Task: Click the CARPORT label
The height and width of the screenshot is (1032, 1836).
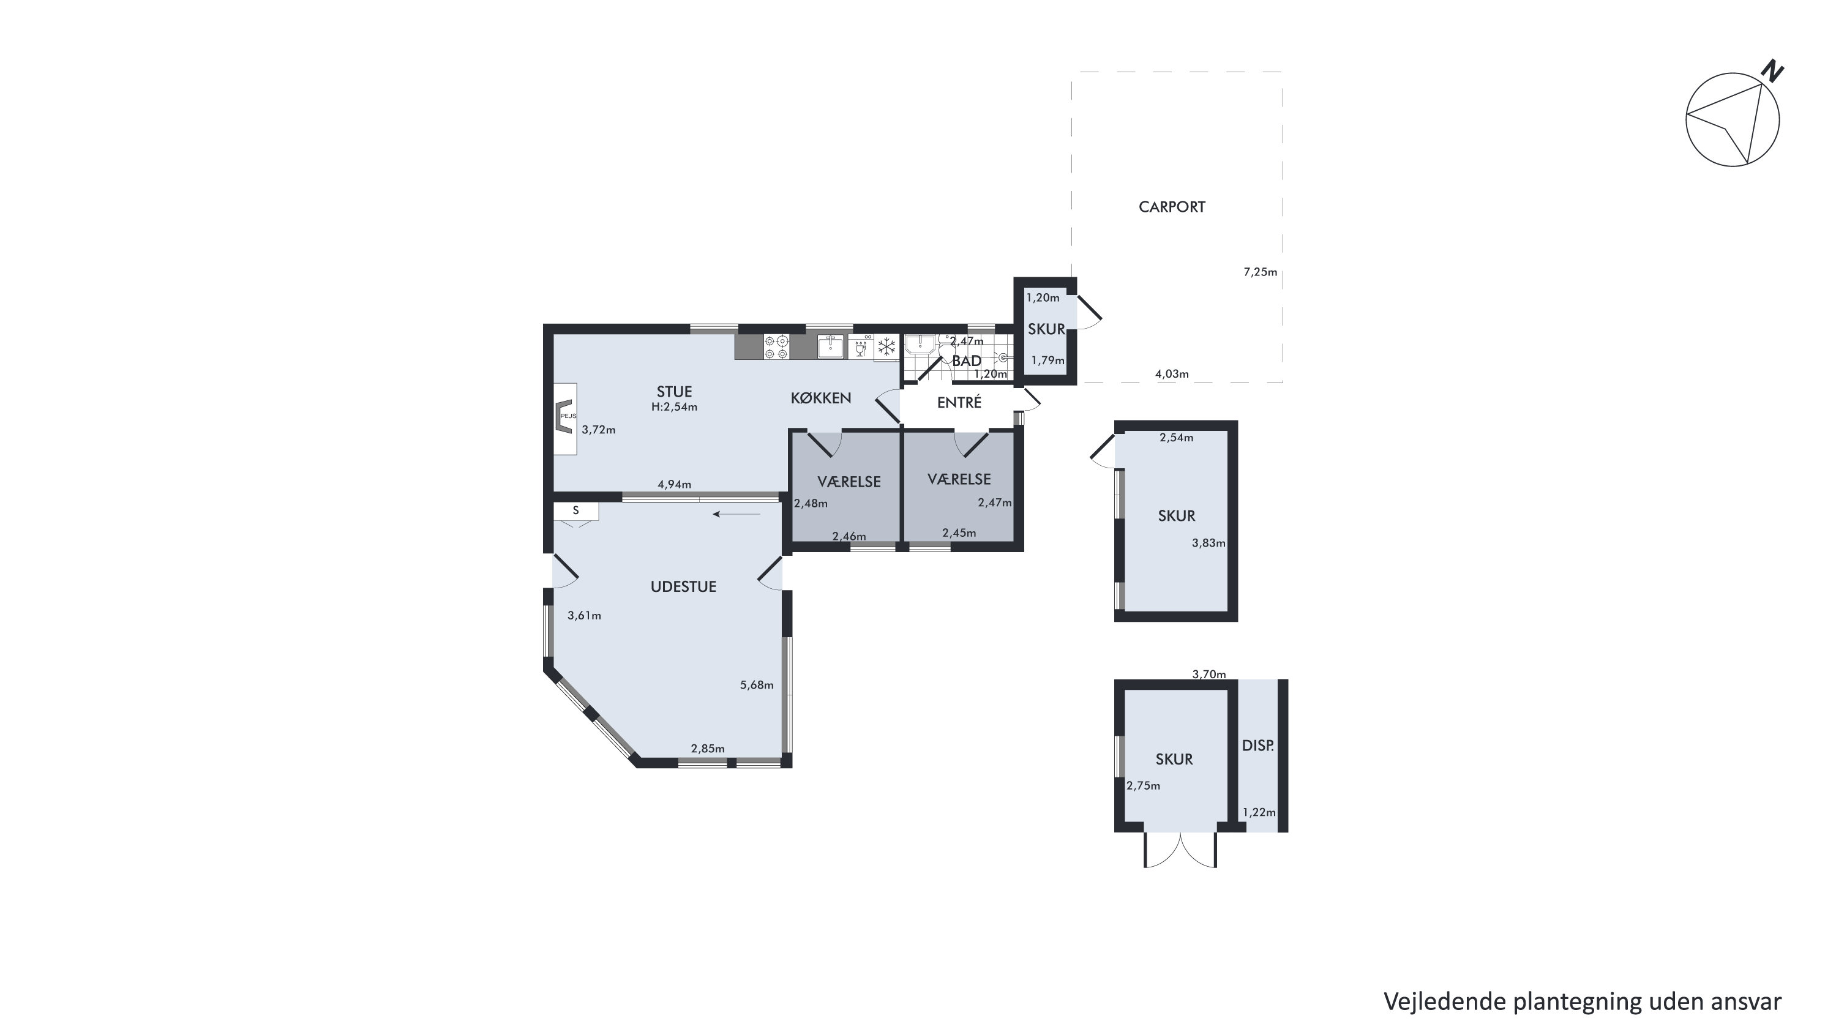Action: click(1172, 207)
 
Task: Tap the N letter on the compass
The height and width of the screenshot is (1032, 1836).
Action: click(1772, 71)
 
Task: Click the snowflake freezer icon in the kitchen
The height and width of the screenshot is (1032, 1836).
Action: click(886, 347)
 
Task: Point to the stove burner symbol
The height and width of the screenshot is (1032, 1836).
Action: click(776, 347)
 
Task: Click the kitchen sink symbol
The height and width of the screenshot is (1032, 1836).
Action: click(830, 347)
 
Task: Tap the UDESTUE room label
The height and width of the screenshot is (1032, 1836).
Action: click(683, 586)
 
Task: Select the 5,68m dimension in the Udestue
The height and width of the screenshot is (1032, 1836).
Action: click(757, 685)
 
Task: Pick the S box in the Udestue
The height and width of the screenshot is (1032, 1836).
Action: click(576, 511)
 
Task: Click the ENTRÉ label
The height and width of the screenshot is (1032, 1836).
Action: click(959, 402)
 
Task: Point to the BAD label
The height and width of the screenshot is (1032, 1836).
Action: click(967, 361)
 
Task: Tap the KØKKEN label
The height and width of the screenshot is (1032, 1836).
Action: click(821, 398)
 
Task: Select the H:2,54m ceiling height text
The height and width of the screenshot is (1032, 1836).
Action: click(674, 407)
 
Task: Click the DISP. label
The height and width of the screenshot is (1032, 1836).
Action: click(1258, 746)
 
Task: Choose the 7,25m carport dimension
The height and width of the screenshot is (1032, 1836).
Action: click(1260, 272)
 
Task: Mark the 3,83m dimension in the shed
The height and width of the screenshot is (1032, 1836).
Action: click(1208, 543)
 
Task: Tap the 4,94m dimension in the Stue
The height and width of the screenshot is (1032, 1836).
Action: click(674, 484)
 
